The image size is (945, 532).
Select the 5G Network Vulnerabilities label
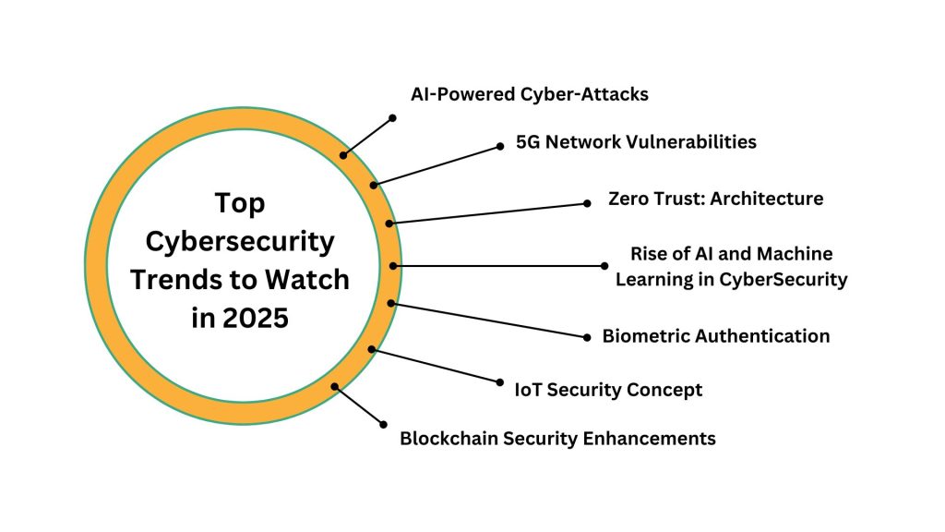click(637, 142)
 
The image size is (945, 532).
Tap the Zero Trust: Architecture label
click(715, 199)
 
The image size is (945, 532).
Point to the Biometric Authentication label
click(715, 336)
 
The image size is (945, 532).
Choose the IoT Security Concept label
click(608, 390)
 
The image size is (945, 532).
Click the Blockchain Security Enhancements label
click(557, 439)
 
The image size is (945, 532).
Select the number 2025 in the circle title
click(254, 318)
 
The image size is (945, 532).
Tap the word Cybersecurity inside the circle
click(240, 241)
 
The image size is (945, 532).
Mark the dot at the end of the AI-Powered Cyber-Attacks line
click(392, 118)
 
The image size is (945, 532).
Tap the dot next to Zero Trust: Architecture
click(588, 204)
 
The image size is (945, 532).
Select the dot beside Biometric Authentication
click(587, 338)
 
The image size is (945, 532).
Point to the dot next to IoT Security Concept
click(499, 381)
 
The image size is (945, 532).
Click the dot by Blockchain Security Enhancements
click(384, 424)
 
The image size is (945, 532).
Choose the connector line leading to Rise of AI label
click(498, 266)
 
